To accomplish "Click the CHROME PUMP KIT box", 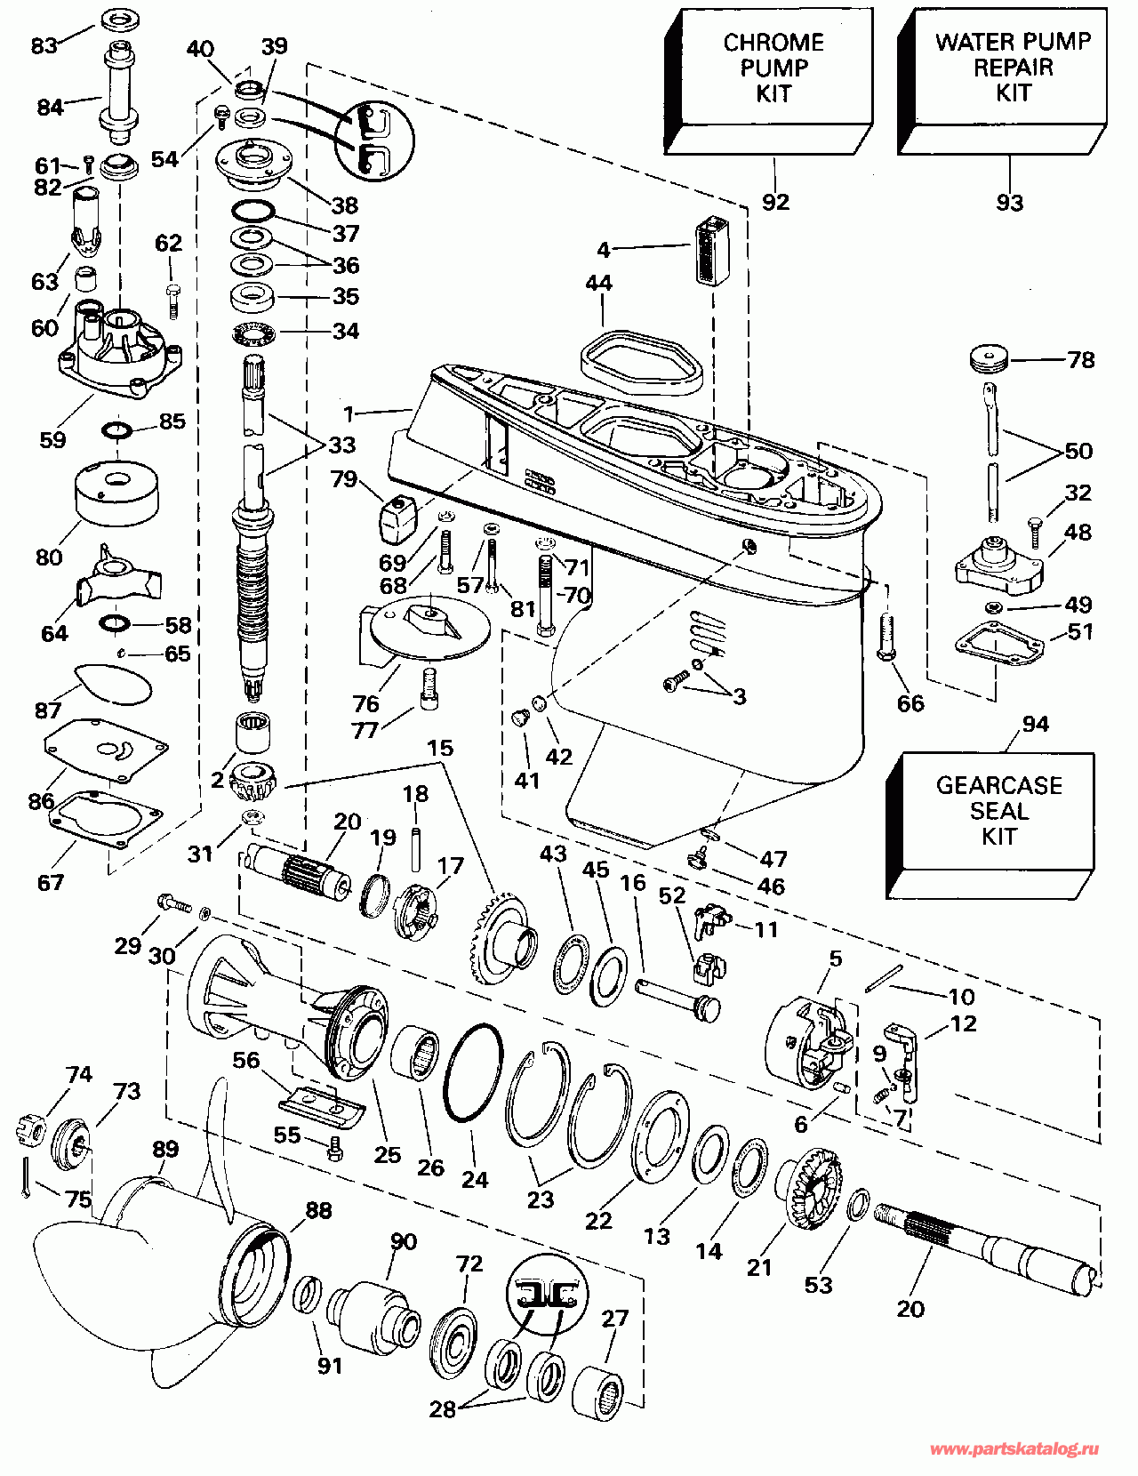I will click(x=770, y=80).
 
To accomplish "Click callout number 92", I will click(x=775, y=202).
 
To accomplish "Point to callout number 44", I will click(x=598, y=283).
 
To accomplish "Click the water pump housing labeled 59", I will click(x=120, y=351).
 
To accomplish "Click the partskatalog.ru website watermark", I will click(x=1014, y=1449).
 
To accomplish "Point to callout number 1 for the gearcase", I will click(x=349, y=413).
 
